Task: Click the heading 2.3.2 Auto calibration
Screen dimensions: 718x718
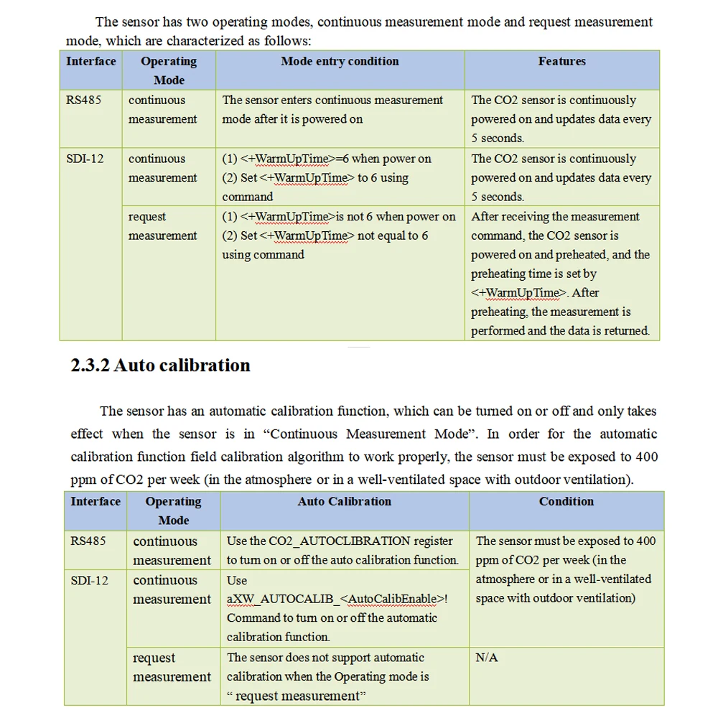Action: [x=160, y=365]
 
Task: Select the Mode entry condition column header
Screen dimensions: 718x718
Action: [x=340, y=62]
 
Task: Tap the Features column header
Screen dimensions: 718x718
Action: [x=561, y=62]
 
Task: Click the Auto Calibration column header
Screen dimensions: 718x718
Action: [x=345, y=502]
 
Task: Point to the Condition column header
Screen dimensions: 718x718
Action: [x=567, y=502]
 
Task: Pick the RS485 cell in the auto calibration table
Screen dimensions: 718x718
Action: [x=88, y=541]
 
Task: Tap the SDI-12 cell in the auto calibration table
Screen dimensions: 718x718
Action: [x=90, y=580]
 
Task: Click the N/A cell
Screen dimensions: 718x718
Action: [x=487, y=658]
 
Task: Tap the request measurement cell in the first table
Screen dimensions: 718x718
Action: [x=163, y=226]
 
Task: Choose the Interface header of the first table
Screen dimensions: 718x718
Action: [x=90, y=62]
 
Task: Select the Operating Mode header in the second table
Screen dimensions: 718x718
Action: [x=173, y=510]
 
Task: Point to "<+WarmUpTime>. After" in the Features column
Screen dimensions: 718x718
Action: [x=535, y=293]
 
